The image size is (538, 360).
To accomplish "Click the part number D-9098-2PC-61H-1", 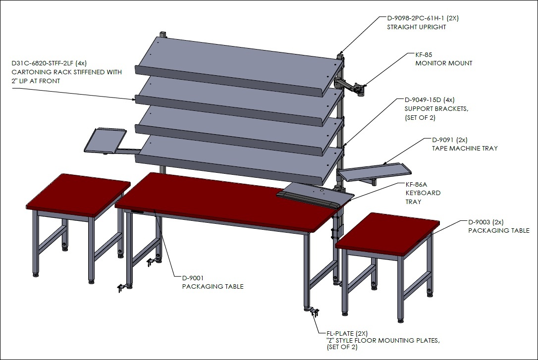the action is (416, 18).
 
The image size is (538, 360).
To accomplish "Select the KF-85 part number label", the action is (424, 54).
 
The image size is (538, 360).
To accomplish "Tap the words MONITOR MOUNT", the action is (444, 63).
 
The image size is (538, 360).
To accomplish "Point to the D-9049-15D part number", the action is (423, 100).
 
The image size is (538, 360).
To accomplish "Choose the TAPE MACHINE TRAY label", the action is (465, 149).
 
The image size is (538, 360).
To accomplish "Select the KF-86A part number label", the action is (416, 185).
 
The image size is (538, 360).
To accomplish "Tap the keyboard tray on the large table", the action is (315, 195).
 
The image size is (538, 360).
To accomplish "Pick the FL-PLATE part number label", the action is (340, 333).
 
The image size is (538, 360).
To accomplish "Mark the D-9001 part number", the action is (193, 278).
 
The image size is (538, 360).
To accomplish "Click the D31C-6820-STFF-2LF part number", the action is (42, 63).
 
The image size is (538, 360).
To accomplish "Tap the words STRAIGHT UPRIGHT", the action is (417, 27).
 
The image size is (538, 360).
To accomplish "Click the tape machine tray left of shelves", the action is (105, 140).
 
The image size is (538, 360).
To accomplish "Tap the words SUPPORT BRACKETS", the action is (436, 108).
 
